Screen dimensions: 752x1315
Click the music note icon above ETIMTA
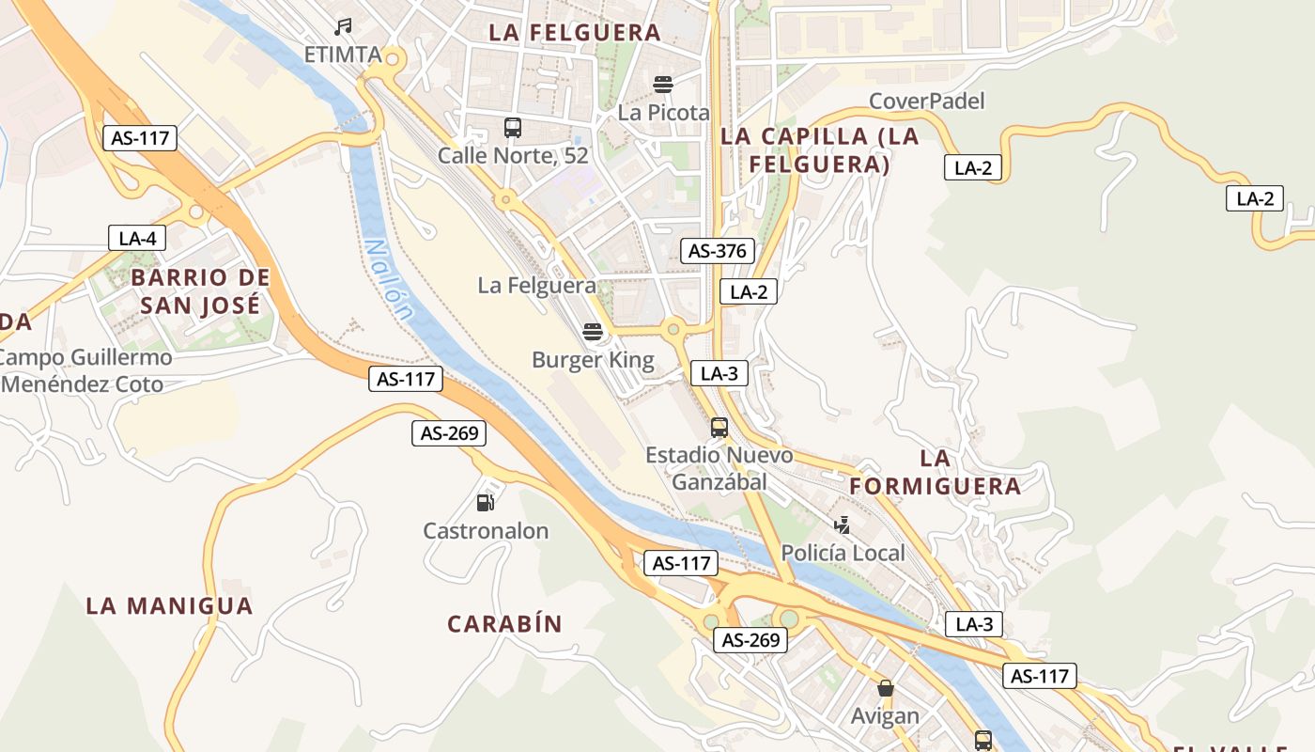[x=344, y=27]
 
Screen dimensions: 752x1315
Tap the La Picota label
[x=663, y=113]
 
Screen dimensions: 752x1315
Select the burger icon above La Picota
[x=663, y=85]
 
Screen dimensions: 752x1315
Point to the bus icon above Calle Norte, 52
[x=512, y=127]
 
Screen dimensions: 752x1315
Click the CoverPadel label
[x=926, y=101]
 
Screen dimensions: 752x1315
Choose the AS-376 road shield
[x=718, y=251]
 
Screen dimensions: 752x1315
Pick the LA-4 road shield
[x=137, y=238]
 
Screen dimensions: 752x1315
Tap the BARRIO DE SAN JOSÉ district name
[x=200, y=291]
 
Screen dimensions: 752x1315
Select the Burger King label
[x=593, y=360]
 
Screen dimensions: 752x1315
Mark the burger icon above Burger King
[x=592, y=331]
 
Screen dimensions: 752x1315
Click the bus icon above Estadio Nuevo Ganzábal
[x=719, y=428]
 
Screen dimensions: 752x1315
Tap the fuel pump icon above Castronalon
[x=485, y=502]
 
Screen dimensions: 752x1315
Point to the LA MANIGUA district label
[x=169, y=605]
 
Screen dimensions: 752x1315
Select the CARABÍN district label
[x=504, y=624]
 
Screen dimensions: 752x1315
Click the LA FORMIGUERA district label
[x=936, y=472]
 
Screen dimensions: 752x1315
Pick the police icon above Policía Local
[x=843, y=525]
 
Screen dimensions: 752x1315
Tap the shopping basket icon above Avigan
[x=885, y=688]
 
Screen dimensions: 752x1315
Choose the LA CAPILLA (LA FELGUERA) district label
[x=805, y=149]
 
